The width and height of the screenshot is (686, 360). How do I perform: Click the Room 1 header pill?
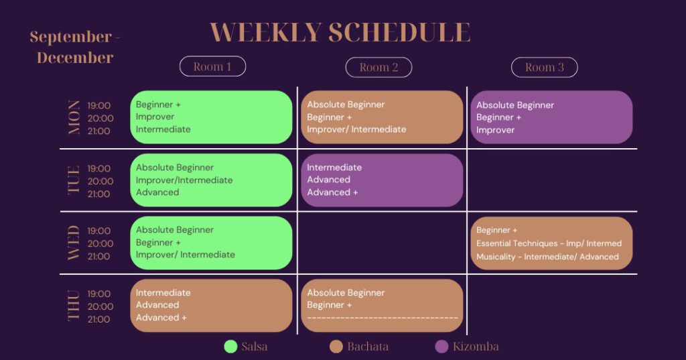(x=212, y=66)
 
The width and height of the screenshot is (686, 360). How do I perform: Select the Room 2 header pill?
(x=379, y=67)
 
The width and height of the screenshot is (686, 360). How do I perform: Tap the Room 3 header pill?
(x=545, y=67)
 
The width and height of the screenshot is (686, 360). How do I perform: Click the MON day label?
(x=74, y=117)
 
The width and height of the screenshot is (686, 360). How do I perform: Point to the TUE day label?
(x=74, y=180)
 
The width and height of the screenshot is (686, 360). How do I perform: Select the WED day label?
(x=74, y=243)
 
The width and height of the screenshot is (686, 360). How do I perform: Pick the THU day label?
(x=74, y=306)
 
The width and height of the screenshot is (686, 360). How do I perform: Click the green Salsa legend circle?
(x=230, y=347)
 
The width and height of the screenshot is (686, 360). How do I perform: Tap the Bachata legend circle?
(x=336, y=347)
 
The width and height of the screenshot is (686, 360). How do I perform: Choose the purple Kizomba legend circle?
(x=442, y=347)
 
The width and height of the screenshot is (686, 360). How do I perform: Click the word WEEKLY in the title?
(x=266, y=32)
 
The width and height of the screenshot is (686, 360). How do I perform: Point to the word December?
(x=75, y=58)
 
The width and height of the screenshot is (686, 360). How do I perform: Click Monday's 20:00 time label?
(x=100, y=118)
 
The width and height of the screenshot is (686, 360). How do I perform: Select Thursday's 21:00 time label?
(x=99, y=319)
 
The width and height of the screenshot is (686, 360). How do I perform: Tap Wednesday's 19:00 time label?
(x=99, y=231)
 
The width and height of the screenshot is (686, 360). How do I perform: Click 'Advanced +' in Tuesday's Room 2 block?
(x=332, y=192)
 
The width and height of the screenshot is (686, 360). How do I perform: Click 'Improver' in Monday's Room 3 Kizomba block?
(x=496, y=130)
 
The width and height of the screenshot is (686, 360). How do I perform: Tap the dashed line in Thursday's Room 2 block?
(x=383, y=318)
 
